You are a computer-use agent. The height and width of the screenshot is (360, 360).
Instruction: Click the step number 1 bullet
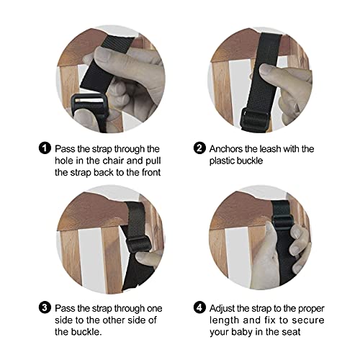(45, 149)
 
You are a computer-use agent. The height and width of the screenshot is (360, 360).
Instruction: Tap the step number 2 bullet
(199, 149)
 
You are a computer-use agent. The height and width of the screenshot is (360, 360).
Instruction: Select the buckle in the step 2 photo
(256, 115)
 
